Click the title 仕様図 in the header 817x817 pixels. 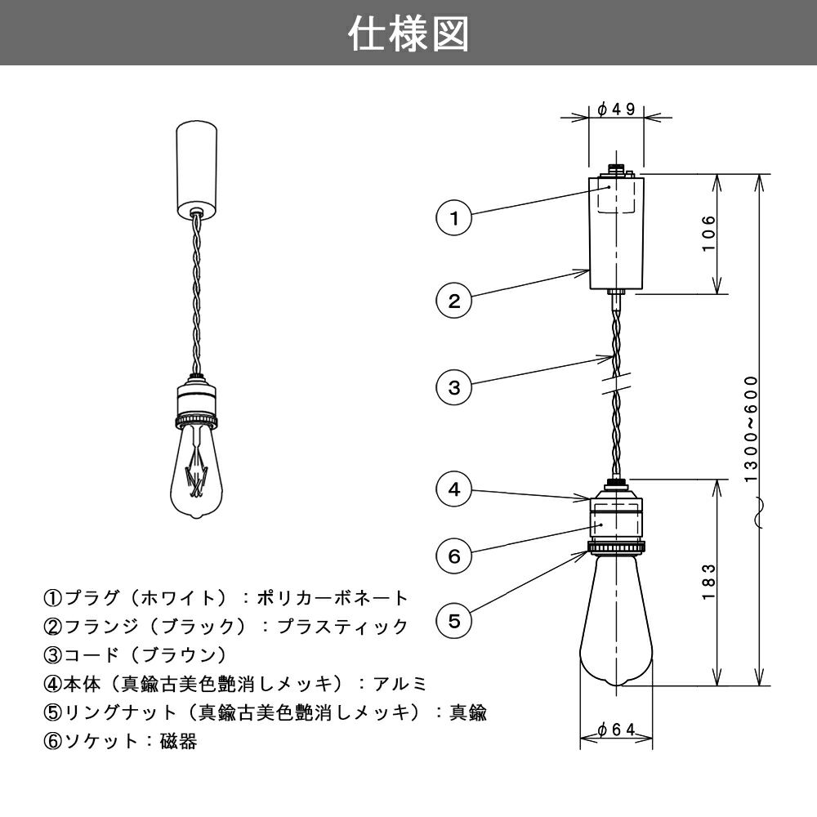pyautogui.click(x=408, y=33)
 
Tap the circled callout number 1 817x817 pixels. pyautogui.click(x=453, y=218)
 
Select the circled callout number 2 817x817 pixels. pyautogui.click(x=453, y=301)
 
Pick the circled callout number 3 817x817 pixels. pyautogui.click(x=453, y=387)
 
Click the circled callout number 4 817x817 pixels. pyautogui.click(x=453, y=489)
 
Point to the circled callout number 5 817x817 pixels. pyautogui.click(x=453, y=621)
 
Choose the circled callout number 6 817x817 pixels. pyautogui.click(x=453, y=556)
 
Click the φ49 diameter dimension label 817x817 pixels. pyautogui.click(x=616, y=109)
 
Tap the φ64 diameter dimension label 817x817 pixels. pyautogui.click(x=616, y=730)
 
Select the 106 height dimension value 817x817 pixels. pyautogui.click(x=708, y=233)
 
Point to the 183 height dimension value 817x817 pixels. pyautogui.click(x=708, y=582)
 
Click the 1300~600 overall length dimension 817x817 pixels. pyautogui.click(x=751, y=429)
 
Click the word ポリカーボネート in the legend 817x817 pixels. pyautogui.click(x=332, y=598)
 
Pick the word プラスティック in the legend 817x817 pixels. pyautogui.click(x=342, y=627)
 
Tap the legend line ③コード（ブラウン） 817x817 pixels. pyautogui.click(x=136, y=655)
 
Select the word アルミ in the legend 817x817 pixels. pyautogui.click(x=400, y=684)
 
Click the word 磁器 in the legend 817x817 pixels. pyautogui.click(x=179, y=741)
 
